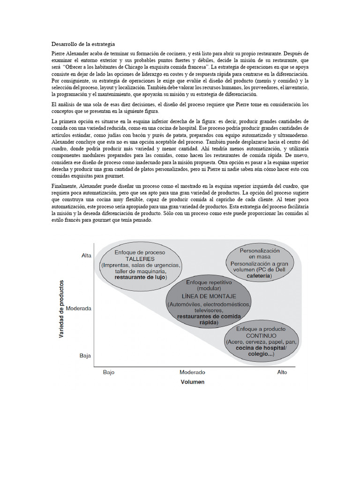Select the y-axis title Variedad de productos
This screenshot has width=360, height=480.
click(x=62, y=311)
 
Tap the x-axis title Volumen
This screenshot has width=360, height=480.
click(x=192, y=382)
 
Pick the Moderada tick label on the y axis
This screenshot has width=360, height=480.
click(x=79, y=309)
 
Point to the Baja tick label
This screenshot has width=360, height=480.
click(x=84, y=356)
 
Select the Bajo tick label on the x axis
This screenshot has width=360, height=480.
click(x=109, y=372)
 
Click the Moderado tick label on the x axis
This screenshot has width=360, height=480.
click(x=192, y=372)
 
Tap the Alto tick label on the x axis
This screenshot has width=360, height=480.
click(x=282, y=372)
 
